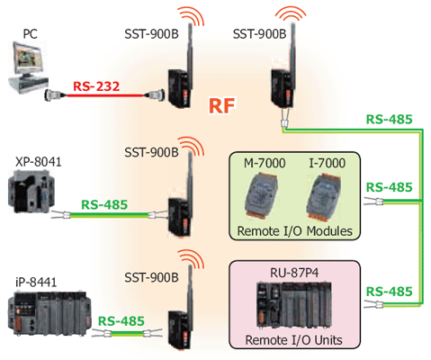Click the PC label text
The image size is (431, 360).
(x=31, y=33)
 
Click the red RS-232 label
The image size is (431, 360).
(x=96, y=86)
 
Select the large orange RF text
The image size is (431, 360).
(x=222, y=106)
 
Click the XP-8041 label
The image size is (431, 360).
(x=39, y=162)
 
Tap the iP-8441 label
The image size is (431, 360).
(x=36, y=283)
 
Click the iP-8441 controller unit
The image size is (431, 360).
(x=49, y=312)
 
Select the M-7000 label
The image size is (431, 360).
(x=265, y=163)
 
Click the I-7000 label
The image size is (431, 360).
(x=328, y=163)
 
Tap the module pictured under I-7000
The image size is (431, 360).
(x=324, y=195)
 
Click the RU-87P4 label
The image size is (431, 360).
(x=294, y=273)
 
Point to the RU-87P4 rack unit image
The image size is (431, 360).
(x=294, y=306)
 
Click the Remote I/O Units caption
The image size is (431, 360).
(x=294, y=340)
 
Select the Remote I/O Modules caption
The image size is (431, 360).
(x=295, y=231)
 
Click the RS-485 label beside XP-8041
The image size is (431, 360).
(x=104, y=205)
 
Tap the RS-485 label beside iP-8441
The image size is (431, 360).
(x=121, y=321)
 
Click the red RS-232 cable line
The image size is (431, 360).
(x=104, y=95)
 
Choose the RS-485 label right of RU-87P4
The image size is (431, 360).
(x=390, y=292)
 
